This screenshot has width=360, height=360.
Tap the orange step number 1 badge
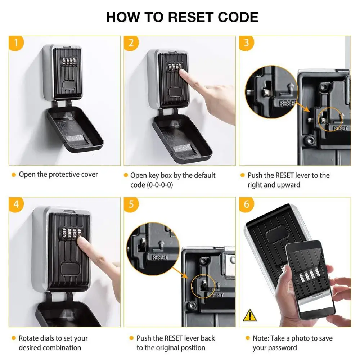click(x=16, y=43)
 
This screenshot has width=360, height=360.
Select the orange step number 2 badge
click(x=131, y=43)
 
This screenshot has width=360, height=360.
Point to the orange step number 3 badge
click(x=246, y=43)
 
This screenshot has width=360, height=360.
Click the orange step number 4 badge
click(x=16, y=204)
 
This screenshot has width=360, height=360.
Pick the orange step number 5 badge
click(x=131, y=204)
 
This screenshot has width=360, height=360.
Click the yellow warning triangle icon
click(x=250, y=315)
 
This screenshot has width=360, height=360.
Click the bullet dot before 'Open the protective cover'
click(x=14, y=175)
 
